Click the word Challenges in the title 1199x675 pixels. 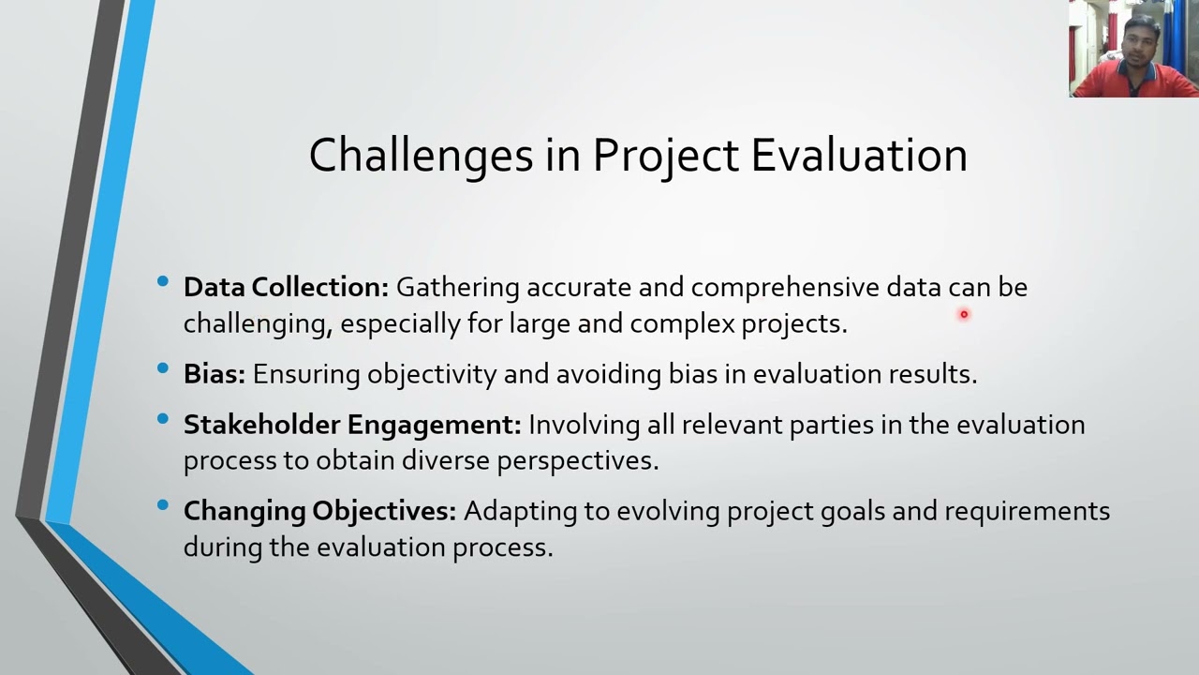421,156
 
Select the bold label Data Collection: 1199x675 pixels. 286,287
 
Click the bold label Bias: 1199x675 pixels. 214,374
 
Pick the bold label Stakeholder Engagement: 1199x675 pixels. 352,425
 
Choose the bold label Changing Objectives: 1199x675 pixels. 319,511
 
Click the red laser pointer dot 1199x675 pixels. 963,315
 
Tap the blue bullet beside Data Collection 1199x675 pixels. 164,281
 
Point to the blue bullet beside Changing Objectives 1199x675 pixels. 164,505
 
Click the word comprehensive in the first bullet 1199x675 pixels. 785,287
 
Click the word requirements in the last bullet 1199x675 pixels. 1027,511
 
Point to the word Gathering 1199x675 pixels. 457,287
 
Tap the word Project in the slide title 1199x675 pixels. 665,156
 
